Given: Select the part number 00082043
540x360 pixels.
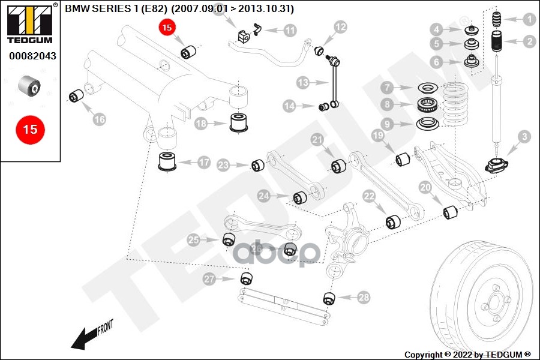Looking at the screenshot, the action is coord(33,56).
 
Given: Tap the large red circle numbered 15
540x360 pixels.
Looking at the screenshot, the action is coord(31,130).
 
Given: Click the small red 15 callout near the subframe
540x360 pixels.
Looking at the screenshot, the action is coord(167,27).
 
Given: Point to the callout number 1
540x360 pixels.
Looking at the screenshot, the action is coord(529,20).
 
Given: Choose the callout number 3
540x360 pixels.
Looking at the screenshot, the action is coord(524,137).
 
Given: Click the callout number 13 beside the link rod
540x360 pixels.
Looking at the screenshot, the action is coord(303,83).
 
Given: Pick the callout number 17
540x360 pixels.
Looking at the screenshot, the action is coord(204,162).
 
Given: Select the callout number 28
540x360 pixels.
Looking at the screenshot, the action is coord(364,298).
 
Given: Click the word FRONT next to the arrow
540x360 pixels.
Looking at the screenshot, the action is coord(105,327).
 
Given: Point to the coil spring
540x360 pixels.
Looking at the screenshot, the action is coord(455,105).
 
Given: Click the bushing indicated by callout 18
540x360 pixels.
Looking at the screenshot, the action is coord(239,122).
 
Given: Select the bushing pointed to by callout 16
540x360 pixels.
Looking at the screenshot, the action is coord(76,96).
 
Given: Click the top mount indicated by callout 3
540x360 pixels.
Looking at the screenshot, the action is coord(496,166).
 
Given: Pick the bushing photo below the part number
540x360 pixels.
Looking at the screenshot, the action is coord(29,85).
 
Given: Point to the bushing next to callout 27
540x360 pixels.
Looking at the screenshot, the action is coord(246,278).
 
